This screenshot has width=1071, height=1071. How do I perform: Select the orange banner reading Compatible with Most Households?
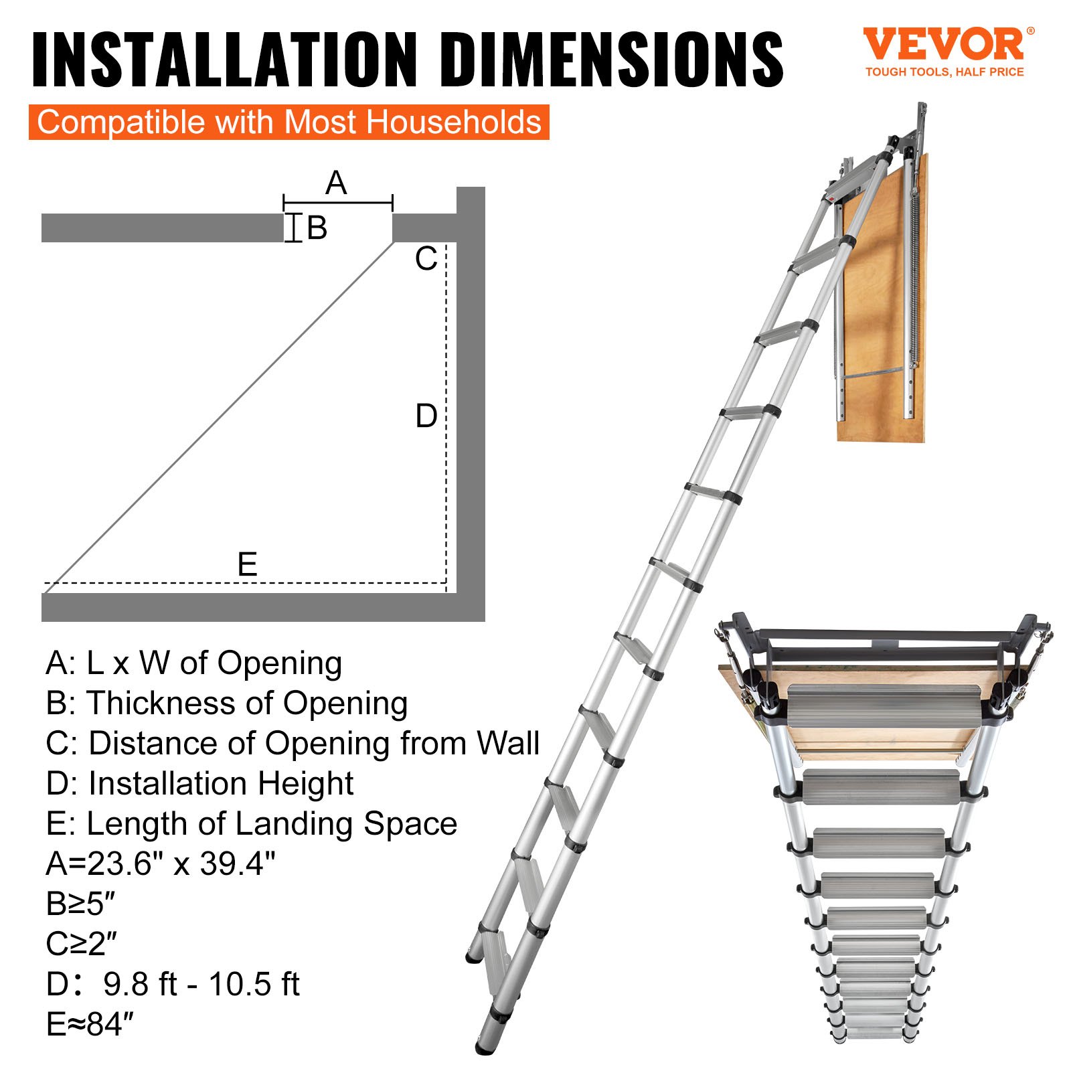pos(289,122)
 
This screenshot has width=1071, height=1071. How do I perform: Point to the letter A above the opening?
pos(336,183)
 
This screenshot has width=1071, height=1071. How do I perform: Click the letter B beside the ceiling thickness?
pos(317,228)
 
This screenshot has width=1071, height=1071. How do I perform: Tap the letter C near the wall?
pos(426,259)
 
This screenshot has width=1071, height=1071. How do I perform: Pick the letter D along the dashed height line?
pos(426,416)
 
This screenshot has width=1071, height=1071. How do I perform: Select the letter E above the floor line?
pos(247,564)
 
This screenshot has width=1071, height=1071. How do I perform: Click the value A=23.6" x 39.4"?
pos(161,863)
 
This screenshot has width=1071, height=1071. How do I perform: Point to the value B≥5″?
pos(80,904)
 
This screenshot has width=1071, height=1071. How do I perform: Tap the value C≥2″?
pos(81,944)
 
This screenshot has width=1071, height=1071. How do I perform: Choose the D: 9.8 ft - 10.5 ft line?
pos(173,984)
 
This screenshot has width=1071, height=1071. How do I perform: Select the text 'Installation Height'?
pos(221,783)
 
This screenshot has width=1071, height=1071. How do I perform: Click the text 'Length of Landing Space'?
pos(272,823)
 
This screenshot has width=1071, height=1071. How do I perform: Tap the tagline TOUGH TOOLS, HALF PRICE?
pos(944,72)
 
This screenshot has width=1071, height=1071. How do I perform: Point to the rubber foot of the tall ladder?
pos(485,1044)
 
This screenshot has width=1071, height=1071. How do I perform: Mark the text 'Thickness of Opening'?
pos(247,703)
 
